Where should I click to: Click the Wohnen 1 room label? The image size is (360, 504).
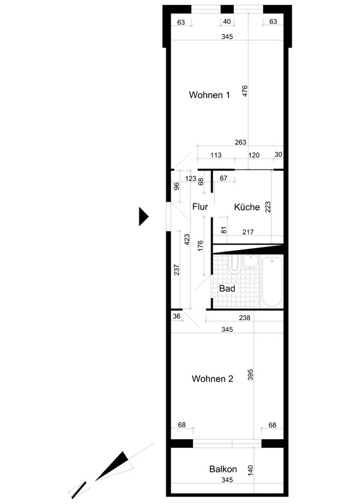pos(209,95)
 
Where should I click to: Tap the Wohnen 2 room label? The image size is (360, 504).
pos(212,379)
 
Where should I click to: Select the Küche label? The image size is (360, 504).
pos(247,207)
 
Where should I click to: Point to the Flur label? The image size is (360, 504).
pos(200,207)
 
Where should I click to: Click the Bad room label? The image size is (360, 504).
pos(227,289)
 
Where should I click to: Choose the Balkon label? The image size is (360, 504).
pos(223,469)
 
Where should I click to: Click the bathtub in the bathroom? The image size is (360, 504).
pos(272,282)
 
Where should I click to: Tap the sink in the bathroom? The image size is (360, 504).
pos(251,261)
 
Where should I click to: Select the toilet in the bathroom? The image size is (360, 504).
pos(235,263)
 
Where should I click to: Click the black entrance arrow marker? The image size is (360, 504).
pos(143,217)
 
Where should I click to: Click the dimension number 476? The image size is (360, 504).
pos(245,91)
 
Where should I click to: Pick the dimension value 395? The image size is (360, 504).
pos(251,375)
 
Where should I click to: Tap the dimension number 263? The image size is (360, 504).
pos(240,142)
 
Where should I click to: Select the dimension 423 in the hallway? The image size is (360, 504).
pos(187,240)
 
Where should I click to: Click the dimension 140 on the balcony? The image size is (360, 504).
pos(251,471)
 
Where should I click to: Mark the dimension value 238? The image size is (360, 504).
pos(245,318)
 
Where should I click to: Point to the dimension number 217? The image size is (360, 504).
pos(248,232)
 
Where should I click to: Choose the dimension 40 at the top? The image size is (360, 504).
pos(227,21)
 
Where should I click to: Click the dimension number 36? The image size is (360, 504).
pos(177,316)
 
